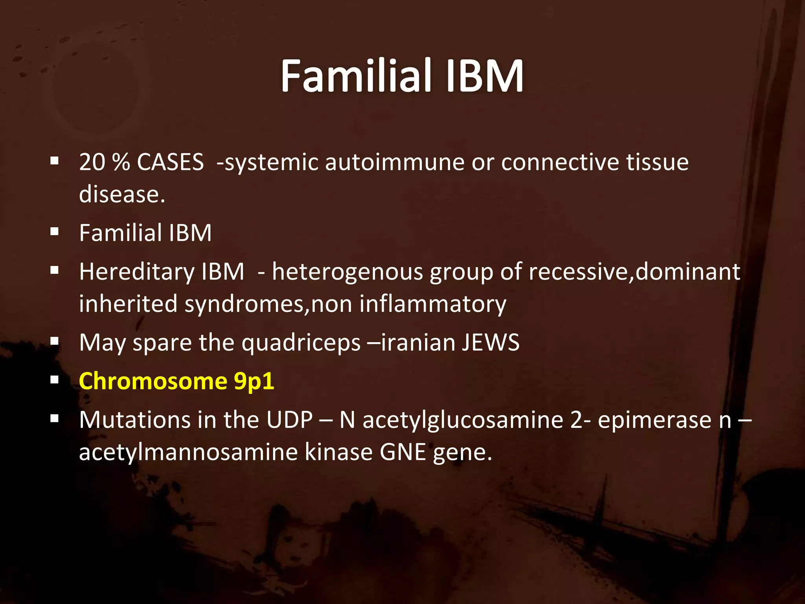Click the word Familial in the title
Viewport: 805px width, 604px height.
coord(356,75)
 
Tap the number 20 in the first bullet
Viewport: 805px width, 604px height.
coord(92,162)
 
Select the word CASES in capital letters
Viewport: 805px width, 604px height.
coord(170,162)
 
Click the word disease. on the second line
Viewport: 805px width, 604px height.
coord(122,194)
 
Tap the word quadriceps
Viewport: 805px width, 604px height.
coord(301,343)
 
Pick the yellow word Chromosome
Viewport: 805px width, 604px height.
coord(153,381)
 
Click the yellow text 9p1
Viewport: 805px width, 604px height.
coord(254,381)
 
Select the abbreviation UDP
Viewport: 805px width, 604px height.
coord(289,420)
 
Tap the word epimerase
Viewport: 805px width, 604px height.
coord(654,420)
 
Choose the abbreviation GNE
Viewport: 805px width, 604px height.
coord(402,452)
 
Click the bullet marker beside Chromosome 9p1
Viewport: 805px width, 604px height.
coord(55,380)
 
